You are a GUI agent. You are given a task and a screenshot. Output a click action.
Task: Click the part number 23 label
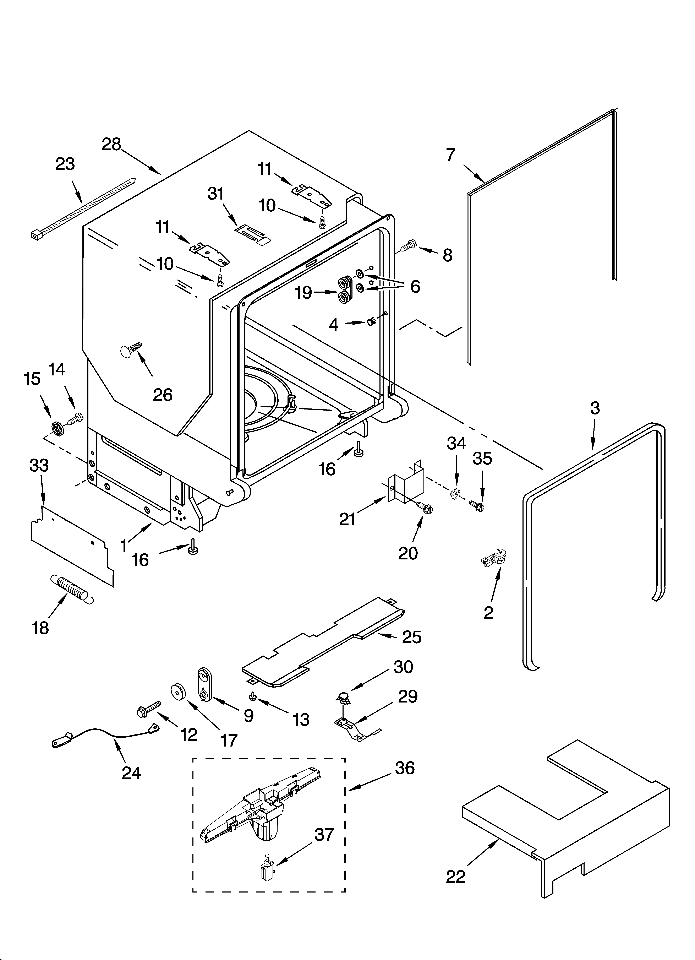tap(65, 164)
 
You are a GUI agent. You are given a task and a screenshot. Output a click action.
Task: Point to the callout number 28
tap(111, 145)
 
